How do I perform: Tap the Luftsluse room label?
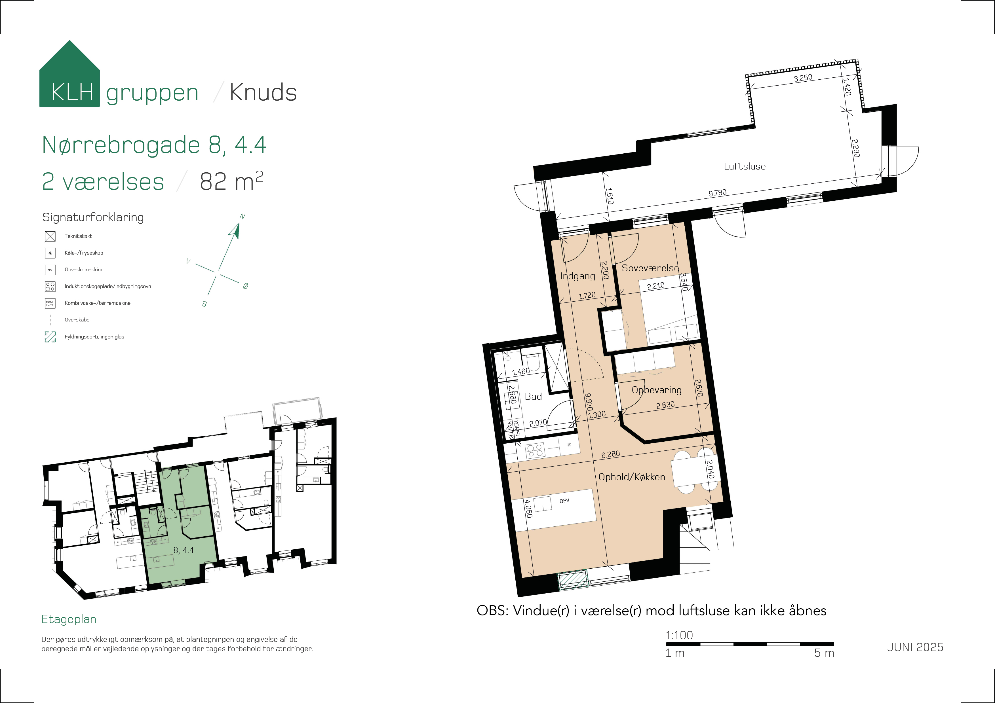tap(745, 166)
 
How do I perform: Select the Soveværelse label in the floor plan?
tap(650, 268)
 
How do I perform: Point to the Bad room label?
tap(533, 396)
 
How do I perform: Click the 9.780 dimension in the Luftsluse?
tap(718, 193)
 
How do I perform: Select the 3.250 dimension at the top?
tap(803, 78)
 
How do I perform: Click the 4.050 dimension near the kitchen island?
tap(528, 509)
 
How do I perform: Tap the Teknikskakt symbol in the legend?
tap(50, 236)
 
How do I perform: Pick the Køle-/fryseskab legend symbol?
tap(50, 253)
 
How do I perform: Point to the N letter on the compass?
tap(242, 217)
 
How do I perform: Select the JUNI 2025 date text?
tap(915, 647)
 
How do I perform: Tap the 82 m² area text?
tap(231, 181)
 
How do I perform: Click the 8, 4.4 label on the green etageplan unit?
tap(183, 550)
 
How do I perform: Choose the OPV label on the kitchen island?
tap(564, 501)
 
